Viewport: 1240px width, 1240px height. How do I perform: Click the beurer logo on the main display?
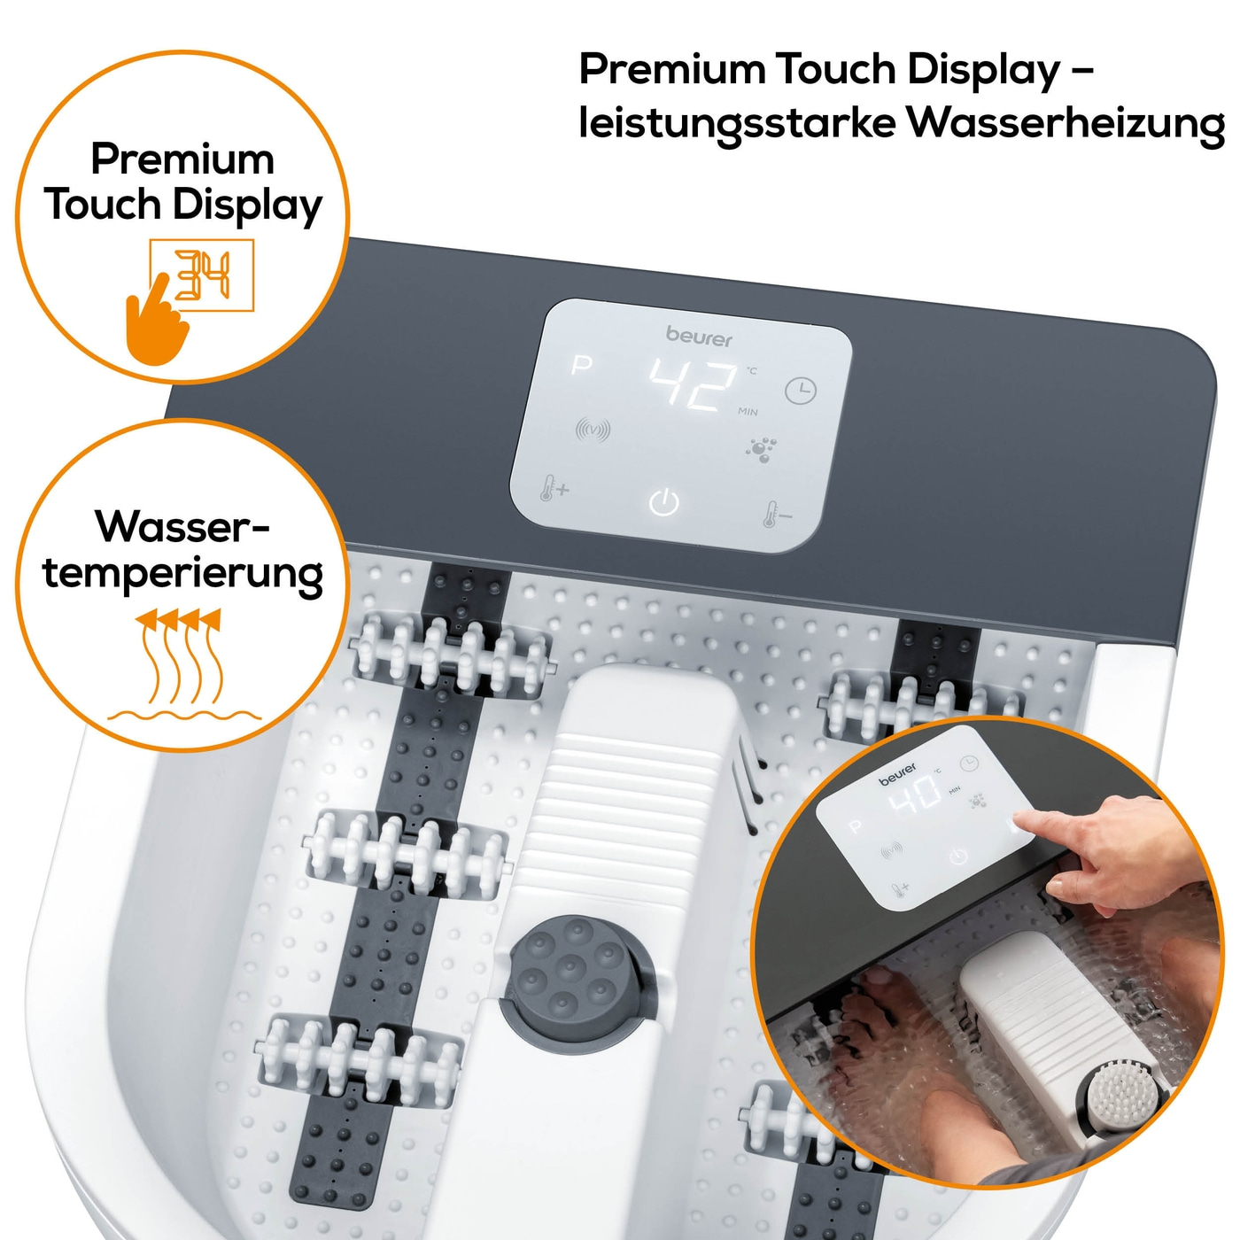[699, 337]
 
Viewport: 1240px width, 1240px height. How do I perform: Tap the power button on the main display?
[663, 501]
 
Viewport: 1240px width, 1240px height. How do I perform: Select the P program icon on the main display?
[582, 366]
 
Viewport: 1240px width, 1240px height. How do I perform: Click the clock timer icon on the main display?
[801, 391]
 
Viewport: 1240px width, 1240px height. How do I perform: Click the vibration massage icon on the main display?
[593, 430]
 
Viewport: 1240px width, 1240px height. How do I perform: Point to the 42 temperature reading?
[693, 384]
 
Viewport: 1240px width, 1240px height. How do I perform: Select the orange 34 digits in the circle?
[202, 275]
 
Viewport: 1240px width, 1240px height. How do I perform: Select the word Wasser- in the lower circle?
[182, 526]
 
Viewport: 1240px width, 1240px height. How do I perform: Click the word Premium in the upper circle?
[182, 159]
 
